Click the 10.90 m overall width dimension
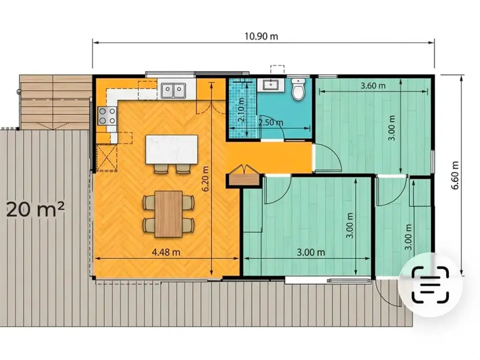261,37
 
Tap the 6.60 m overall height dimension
455,175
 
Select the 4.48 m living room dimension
166,252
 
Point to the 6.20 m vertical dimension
205,179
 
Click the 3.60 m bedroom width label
373,86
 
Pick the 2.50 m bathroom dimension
270,123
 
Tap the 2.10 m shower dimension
241,110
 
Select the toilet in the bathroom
298,89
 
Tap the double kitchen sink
173,91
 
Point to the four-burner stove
107,116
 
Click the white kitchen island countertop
172,150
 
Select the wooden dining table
169,214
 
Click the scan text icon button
430,285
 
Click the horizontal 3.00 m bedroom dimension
311,253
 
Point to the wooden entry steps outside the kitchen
55,102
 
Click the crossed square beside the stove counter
107,157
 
